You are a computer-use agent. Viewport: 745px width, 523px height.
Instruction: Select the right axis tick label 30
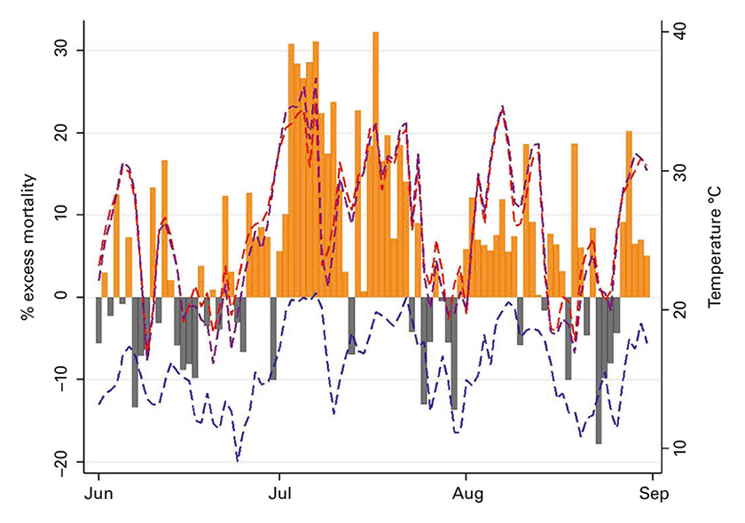point(678,170)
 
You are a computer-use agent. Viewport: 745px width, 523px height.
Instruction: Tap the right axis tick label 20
point(678,309)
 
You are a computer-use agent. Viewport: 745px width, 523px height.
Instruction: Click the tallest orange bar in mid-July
point(375,164)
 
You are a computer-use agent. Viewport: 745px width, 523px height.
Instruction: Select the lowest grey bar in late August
point(599,370)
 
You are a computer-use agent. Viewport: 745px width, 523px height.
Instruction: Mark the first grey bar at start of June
point(98,319)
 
